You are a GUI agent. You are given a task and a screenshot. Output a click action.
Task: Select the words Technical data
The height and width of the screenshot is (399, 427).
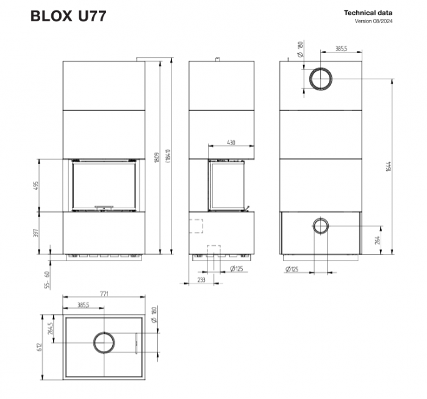coord(368,12)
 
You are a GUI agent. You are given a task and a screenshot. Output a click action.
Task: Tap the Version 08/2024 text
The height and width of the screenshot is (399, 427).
coord(373,21)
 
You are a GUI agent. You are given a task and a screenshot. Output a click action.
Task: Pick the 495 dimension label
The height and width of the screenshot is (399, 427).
coord(37,184)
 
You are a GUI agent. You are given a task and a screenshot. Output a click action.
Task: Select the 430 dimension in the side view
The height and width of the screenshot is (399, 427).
coord(231,142)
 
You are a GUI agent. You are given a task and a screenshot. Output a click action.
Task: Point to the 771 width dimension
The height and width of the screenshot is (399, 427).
coord(104,294)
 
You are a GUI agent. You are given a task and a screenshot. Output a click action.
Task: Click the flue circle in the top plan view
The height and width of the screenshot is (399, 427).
coord(104,342)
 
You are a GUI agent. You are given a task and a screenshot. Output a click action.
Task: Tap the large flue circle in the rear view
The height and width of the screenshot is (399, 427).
coord(320,77)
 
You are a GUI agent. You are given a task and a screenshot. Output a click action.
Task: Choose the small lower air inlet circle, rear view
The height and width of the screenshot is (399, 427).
coord(320,226)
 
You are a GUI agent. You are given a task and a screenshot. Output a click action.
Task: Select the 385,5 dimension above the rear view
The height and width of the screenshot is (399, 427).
coord(341,49)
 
